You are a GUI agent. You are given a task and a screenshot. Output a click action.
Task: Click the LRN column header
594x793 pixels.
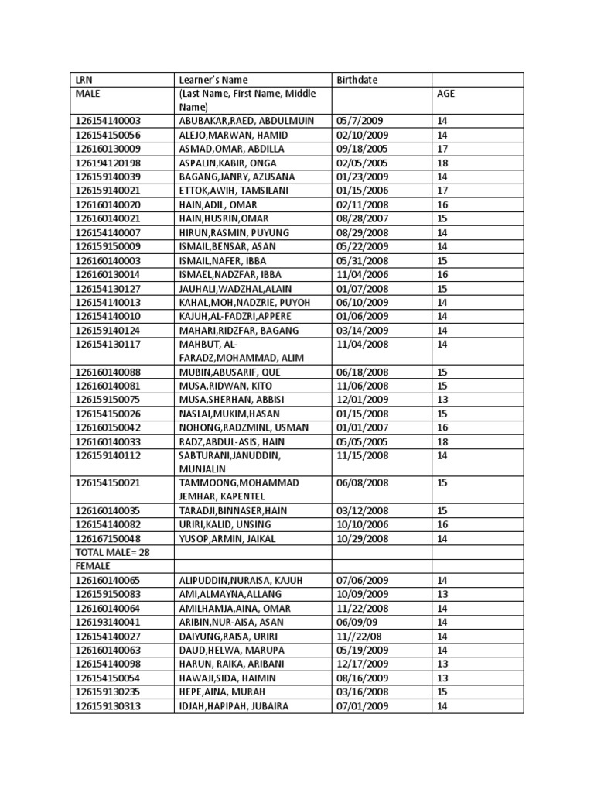[84, 80]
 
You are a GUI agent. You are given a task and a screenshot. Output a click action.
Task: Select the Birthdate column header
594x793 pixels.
[357, 80]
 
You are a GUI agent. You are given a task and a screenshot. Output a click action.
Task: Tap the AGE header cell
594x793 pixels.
[446, 94]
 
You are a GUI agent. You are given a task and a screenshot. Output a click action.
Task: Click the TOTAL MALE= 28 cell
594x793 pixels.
[111, 552]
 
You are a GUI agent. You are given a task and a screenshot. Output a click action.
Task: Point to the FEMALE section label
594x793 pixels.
[93, 566]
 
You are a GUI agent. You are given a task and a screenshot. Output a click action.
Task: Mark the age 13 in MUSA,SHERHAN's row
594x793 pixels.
[442, 400]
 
